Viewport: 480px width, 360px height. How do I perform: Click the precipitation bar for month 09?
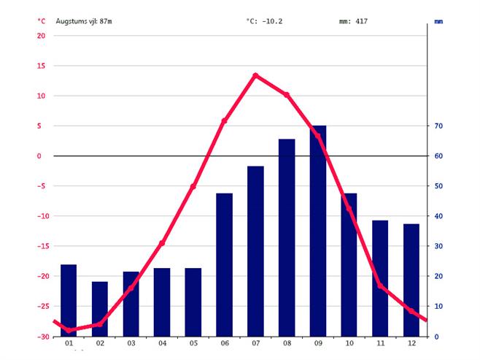click(x=318, y=231)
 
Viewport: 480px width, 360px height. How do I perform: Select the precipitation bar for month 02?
click(x=100, y=309)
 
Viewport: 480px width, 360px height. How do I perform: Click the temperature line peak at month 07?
click(x=255, y=75)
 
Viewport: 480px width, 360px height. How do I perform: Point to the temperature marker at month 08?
click(x=287, y=95)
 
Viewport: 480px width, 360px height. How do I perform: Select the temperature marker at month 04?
click(x=162, y=243)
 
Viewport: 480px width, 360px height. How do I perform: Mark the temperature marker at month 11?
click(x=380, y=286)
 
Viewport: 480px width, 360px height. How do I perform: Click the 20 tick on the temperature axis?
click(x=41, y=36)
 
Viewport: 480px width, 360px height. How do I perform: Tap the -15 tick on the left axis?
click(x=39, y=246)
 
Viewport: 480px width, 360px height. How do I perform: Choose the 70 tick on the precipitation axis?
click(x=439, y=126)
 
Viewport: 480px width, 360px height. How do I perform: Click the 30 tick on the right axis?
click(x=439, y=246)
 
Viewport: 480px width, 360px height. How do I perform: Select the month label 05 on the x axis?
click(x=193, y=344)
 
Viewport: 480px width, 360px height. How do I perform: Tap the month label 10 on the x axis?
click(x=349, y=344)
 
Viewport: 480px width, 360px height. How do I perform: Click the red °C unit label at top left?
click(x=42, y=21)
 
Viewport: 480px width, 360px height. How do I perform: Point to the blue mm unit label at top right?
click(x=438, y=22)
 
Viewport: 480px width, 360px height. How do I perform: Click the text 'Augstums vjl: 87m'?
click(x=84, y=21)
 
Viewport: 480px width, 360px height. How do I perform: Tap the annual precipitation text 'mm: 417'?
click(x=353, y=21)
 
